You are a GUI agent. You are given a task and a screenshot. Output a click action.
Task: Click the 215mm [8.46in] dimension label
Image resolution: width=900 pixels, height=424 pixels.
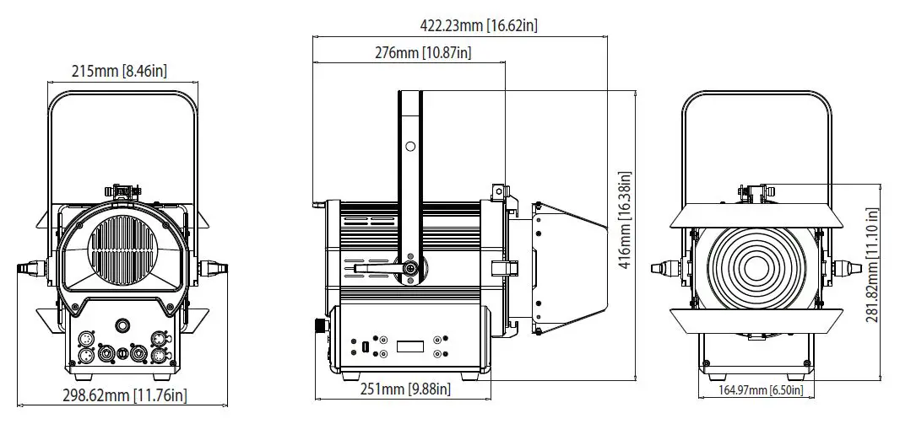pos(119,71)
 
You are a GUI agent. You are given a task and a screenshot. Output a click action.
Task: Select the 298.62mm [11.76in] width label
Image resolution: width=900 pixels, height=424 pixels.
pos(124,394)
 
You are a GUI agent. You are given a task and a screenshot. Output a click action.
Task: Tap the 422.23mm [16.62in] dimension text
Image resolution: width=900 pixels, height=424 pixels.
pos(479,25)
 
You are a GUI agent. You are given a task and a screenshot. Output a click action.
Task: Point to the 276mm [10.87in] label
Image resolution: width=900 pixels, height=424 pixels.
pos(422,53)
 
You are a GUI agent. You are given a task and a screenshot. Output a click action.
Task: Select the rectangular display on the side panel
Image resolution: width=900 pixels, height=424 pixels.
pos(410,346)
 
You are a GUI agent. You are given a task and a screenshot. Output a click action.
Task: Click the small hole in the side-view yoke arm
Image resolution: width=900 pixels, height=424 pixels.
pos(410,147)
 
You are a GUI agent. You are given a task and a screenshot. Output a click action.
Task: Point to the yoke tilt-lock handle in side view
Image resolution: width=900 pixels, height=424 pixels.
pos(380,268)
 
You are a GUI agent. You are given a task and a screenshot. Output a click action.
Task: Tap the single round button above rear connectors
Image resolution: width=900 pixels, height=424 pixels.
pos(124,325)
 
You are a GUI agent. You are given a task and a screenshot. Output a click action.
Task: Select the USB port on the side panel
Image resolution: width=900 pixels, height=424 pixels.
pos(366,347)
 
